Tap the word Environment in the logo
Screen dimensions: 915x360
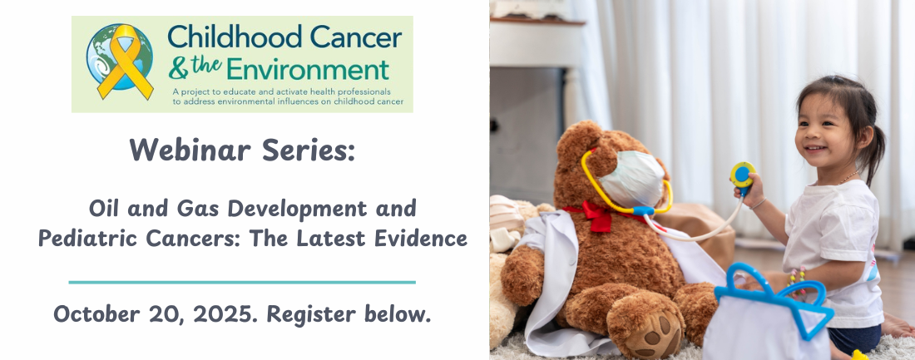(308, 70)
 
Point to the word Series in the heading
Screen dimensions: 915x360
(308, 150)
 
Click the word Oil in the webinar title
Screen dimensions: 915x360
(105, 208)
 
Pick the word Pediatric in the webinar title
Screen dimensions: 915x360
(88, 238)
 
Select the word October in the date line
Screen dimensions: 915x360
(96, 314)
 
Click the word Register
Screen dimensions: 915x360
(311, 314)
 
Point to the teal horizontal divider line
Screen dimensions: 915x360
(242, 283)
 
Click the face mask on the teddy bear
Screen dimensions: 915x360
(632, 179)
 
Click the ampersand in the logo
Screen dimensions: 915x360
(178, 70)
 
